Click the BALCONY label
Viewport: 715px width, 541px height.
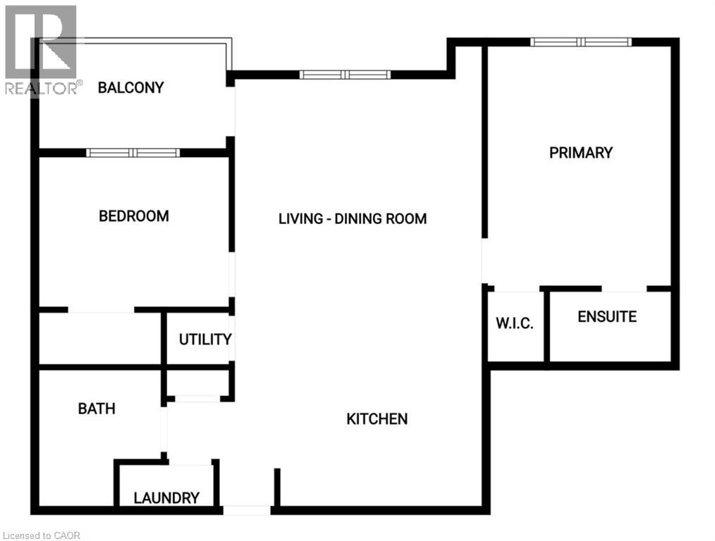(x=130, y=88)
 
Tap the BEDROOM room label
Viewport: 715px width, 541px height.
(x=133, y=216)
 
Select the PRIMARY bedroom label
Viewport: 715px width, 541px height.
(x=581, y=152)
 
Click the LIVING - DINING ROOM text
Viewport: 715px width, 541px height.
(x=353, y=218)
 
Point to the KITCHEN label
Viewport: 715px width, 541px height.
(x=377, y=419)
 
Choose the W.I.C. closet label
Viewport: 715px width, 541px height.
(x=514, y=323)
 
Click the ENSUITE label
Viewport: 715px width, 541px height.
(x=606, y=317)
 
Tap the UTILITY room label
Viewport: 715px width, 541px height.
(x=204, y=340)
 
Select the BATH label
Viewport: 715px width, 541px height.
(x=97, y=409)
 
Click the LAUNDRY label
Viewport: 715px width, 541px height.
(x=166, y=498)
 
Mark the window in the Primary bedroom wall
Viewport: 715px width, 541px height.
(x=581, y=42)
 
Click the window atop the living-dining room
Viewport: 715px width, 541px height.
(x=344, y=75)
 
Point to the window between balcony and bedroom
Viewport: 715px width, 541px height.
(x=133, y=153)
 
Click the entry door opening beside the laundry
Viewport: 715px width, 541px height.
(x=245, y=509)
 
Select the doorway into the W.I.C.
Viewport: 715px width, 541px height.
(x=516, y=289)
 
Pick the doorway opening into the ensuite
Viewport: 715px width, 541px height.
(x=624, y=289)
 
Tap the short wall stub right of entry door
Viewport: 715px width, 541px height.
(x=277, y=487)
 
